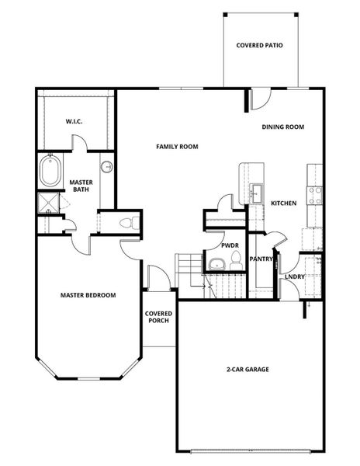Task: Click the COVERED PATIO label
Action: [x=259, y=46]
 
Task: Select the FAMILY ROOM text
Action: [x=177, y=146]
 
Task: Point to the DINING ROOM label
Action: [x=282, y=127]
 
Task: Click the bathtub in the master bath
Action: [x=50, y=172]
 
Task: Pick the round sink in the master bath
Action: [x=106, y=167]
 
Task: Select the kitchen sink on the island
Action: [x=256, y=192]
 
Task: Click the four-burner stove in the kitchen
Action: [x=315, y=195]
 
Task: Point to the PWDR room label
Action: [x=229, y=245]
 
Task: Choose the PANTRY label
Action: [x=261, y=259]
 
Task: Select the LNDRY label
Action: [x=294, y=276]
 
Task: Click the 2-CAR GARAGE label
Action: [x=247, y=369]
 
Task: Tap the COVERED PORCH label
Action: [x=158, y=318]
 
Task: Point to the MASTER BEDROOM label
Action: [x=88, y=295]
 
